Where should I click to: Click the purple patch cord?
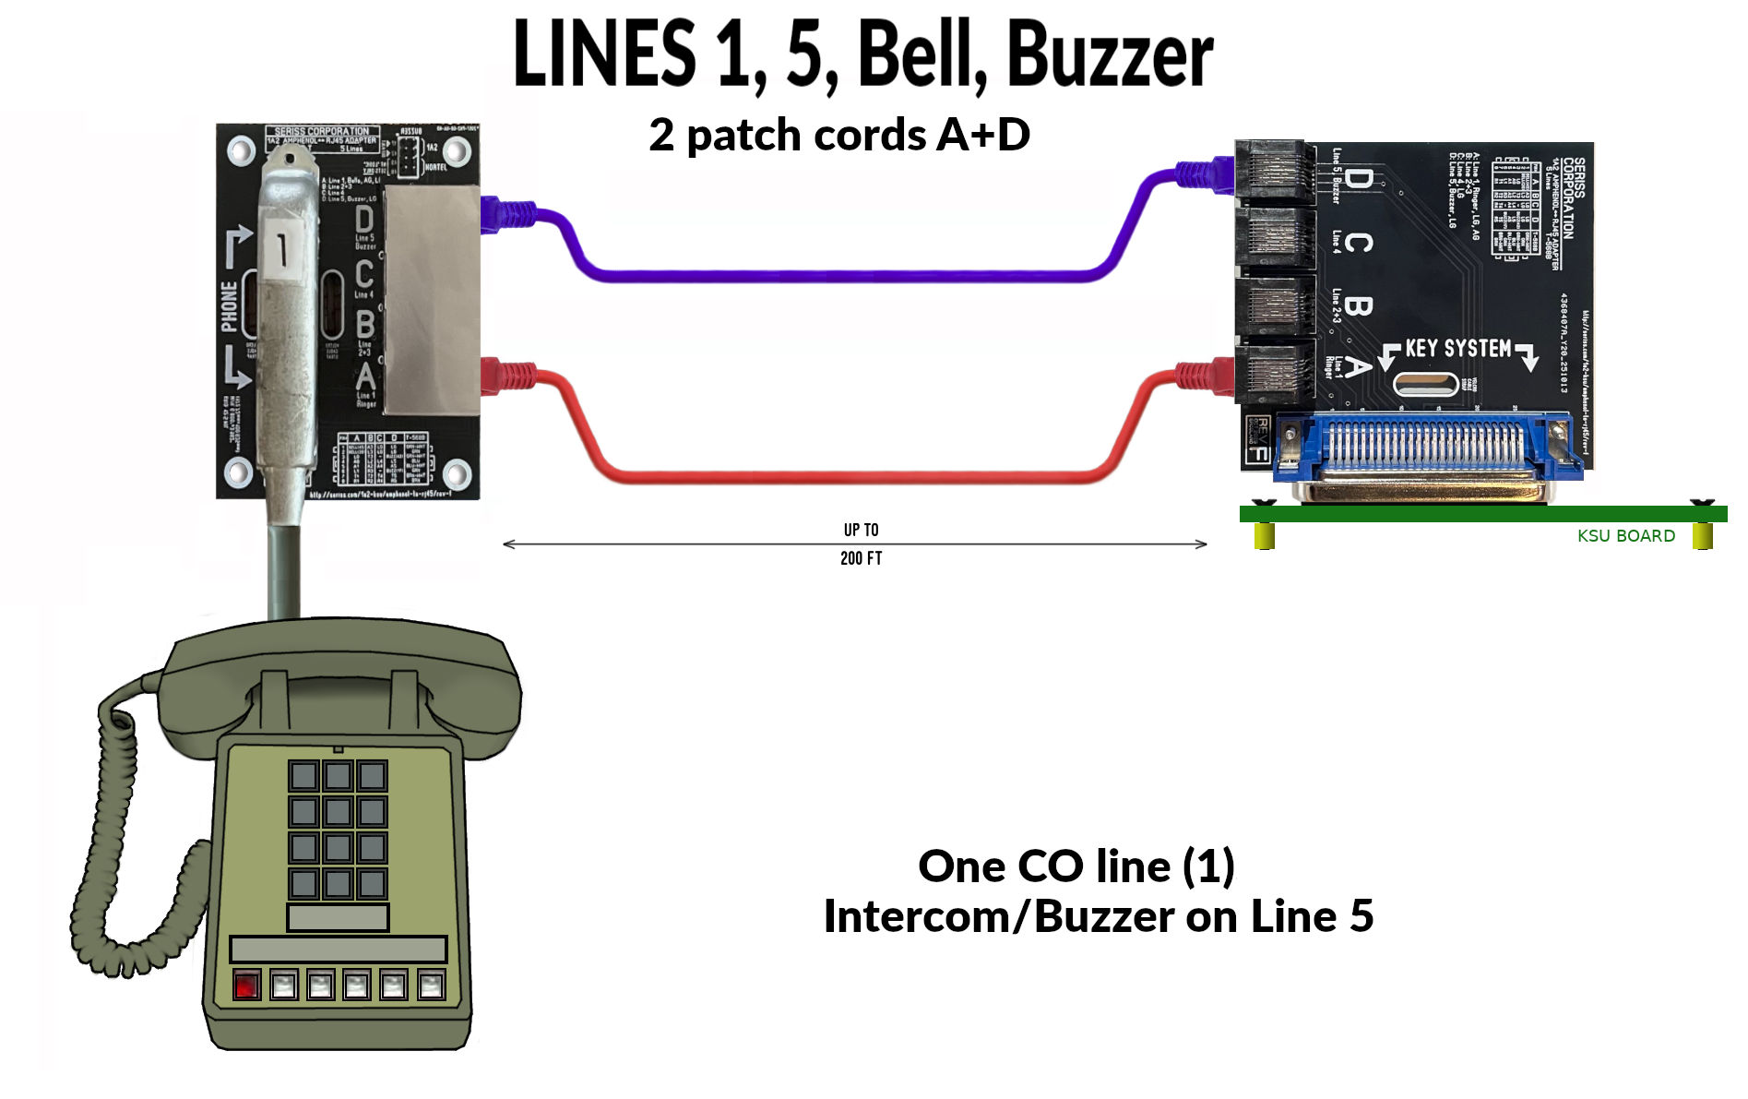click(x=830, y=275)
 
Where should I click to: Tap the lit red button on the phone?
click(x=246, y=986)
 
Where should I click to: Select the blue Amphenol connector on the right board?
click(x=1426, y=447)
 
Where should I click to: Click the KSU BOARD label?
click(x=1625, y=536)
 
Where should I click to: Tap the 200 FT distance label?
click(x=861, y=558)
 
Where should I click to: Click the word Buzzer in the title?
click(x=1110, y=55)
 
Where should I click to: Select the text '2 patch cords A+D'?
click(x=839, y=136)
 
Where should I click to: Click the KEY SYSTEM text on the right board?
click(x=1458, y=349)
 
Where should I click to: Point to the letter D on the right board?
click(x=1356, y=179)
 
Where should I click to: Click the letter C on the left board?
click(x=364, y=274)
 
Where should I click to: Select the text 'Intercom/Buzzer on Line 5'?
click(x=1098, y=916)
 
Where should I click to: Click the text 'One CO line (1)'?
click(x=1076, y=866)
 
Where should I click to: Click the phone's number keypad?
click(x=338, y=829)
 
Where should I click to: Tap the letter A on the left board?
click(x=366, y=377)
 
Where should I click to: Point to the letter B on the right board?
click(x=1357, y=306)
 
